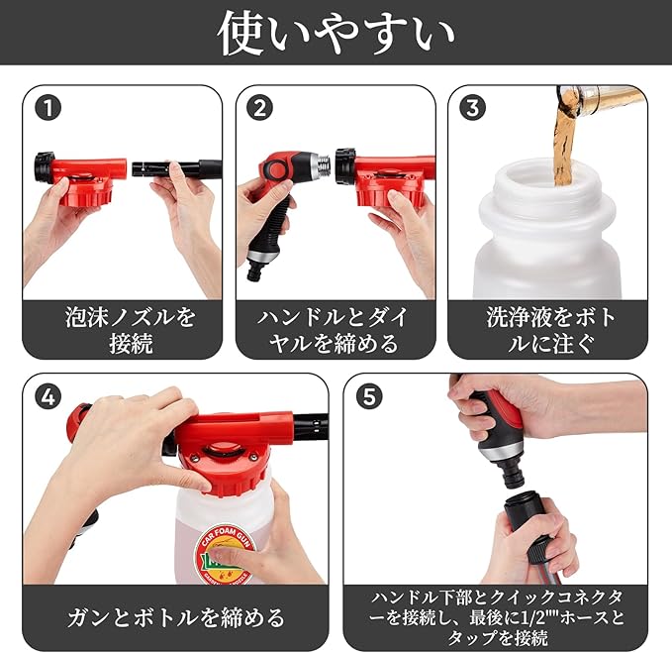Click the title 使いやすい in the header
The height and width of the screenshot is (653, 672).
point(336,33)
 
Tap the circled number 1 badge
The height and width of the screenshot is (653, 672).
point(48,107)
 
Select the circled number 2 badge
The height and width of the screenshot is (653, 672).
point(259,107)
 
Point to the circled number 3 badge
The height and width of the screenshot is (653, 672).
point(472,107)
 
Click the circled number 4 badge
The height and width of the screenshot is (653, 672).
point(48,396)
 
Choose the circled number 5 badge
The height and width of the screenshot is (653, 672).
point(369,396)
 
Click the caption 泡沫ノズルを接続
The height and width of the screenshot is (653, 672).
point(131,330)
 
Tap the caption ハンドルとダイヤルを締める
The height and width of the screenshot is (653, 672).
point(333,330)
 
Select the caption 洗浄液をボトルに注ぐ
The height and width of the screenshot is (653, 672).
point(550,330)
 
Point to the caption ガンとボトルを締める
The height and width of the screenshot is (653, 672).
point(176,617)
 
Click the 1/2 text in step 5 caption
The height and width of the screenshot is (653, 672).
point(531,617)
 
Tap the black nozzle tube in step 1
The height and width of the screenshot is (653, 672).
point(176,167)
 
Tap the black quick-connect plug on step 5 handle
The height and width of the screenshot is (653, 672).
point(509,471)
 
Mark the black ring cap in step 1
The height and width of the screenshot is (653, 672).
point(44,166)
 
